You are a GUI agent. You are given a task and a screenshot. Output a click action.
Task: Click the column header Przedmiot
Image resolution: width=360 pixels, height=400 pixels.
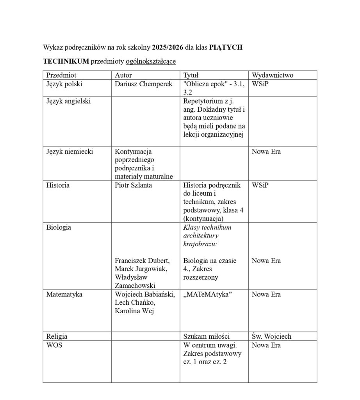(61, 75)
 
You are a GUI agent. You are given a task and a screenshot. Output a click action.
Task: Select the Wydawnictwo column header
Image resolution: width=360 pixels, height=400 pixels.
(273, 75)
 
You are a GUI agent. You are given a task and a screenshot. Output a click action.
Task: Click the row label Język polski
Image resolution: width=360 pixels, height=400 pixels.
(64, 84)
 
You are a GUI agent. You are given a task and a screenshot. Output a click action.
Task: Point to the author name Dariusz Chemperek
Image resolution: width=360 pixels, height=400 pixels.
(143, 84)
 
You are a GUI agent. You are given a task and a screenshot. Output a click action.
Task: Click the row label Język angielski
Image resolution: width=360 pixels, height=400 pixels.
(68, 101)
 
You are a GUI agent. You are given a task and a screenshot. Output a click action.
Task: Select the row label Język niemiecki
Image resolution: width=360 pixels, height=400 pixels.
(69, 152)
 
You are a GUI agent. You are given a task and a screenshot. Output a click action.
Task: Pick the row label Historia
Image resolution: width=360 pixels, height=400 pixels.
(58, 185)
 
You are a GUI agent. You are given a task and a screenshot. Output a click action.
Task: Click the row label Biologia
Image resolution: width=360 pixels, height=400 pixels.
(59, 227)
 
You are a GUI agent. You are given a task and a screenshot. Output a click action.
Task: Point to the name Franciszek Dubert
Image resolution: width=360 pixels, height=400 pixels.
(142, 261)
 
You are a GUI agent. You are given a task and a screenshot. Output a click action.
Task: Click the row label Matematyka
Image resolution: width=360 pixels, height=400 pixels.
(64, 294)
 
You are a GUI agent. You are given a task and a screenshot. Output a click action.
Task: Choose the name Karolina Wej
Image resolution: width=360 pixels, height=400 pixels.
(133, 311)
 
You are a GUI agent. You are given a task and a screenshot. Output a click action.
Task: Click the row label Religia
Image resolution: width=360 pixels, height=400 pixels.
(57, 336)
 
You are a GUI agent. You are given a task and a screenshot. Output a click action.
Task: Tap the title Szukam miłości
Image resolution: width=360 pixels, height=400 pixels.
(206, 336)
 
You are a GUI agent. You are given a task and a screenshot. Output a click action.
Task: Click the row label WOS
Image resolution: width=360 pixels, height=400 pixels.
(54, 345)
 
